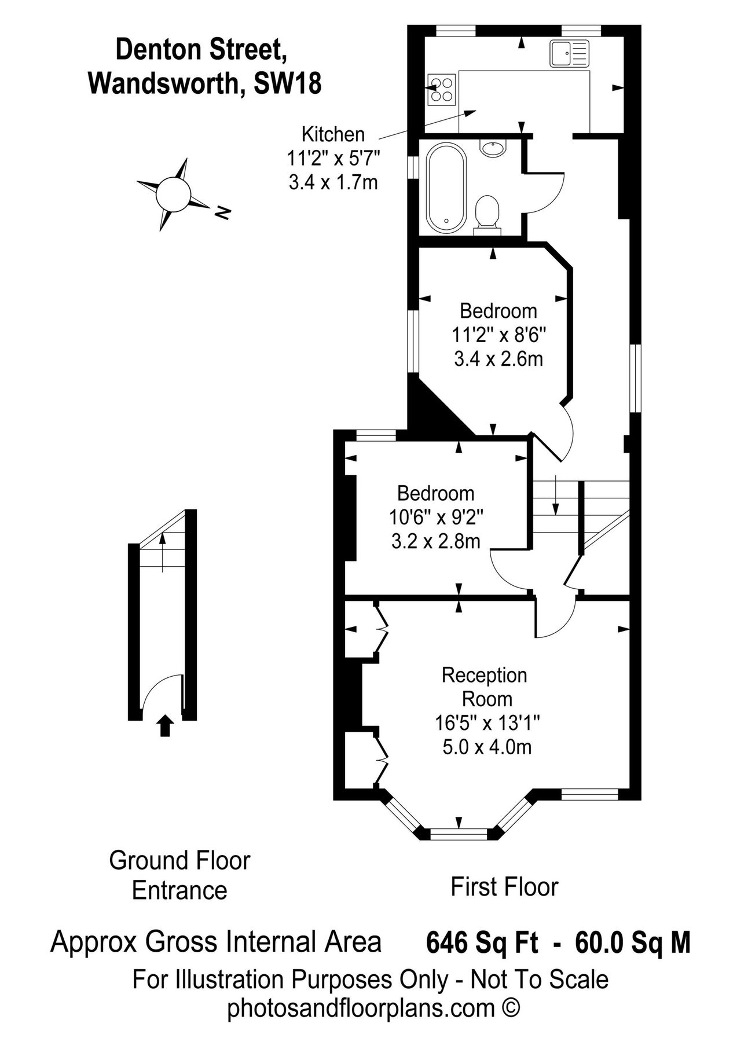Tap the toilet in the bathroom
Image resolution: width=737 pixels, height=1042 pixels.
pos(487,214)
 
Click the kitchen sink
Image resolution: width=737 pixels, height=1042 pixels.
pos(569,53)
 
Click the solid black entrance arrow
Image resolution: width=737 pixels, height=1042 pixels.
pos(166,725)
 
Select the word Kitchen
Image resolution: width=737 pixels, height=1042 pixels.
pos(333,134)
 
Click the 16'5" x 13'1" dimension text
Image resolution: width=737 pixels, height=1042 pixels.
pos(487,723)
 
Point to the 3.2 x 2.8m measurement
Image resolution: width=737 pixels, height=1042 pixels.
pos(435,541)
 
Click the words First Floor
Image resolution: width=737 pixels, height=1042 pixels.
pos(504,887)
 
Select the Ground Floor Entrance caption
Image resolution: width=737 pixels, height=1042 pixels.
pos(179,875)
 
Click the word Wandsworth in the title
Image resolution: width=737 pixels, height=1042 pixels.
pos(162,85)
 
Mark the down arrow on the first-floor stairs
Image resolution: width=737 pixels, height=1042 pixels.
pos(555,495)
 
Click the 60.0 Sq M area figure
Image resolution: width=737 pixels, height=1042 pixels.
pos(633,942)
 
